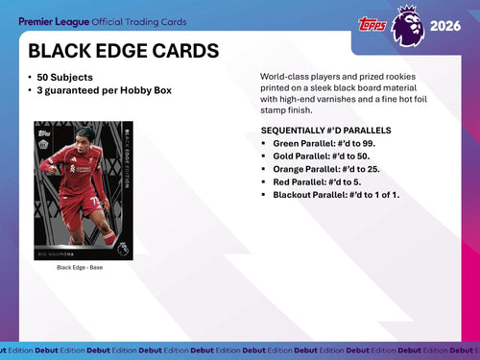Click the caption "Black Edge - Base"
(x=80, y=267)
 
